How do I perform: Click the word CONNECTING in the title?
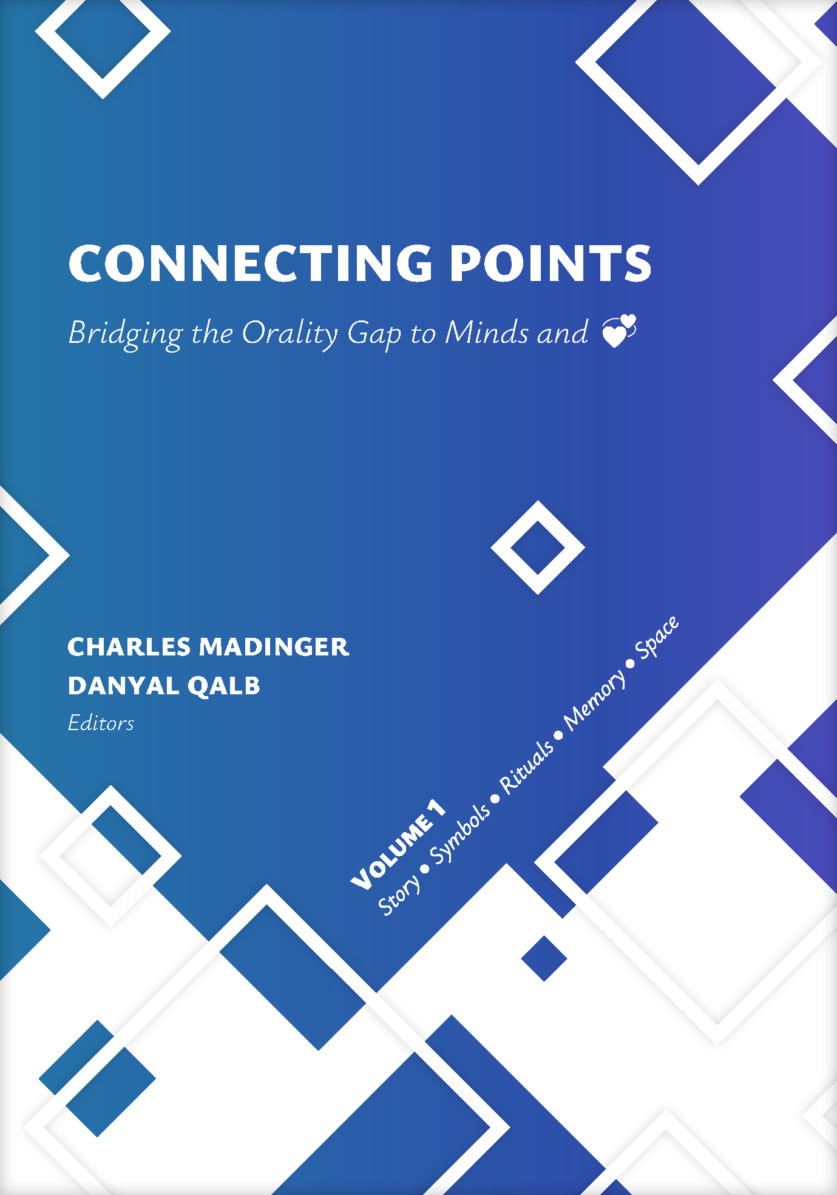250,263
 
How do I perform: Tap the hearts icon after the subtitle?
618,331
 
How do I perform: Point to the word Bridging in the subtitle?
126,334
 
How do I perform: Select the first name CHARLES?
129,647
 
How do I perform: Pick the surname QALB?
224,686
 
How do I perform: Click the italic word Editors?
101,723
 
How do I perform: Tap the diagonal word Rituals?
527,766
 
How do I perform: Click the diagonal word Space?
657,637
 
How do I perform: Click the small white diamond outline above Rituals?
538,547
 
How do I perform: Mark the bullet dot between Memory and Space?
630,663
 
